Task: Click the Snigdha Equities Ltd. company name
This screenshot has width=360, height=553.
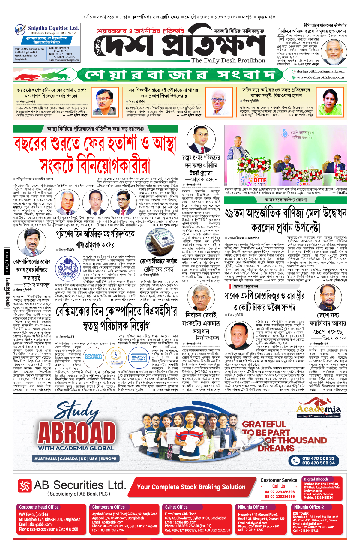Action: pos(54,28)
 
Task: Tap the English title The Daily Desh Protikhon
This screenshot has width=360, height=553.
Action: pos(228,60)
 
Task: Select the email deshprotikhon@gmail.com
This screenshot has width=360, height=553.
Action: pos(320,71)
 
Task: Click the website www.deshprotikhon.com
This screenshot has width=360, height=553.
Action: pos(320,77)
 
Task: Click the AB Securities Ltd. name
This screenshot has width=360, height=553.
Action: pos(80,485)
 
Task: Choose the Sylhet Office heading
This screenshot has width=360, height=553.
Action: pos(176,507)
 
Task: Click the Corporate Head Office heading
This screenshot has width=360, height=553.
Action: pos(39,507)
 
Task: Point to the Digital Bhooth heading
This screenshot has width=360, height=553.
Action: pos(316,479)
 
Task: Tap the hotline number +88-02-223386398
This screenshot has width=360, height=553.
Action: pos(279,492)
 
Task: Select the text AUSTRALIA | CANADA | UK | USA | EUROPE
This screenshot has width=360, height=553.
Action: pos(75,458)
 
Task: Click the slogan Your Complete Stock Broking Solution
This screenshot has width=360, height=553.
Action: pos(191,487)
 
